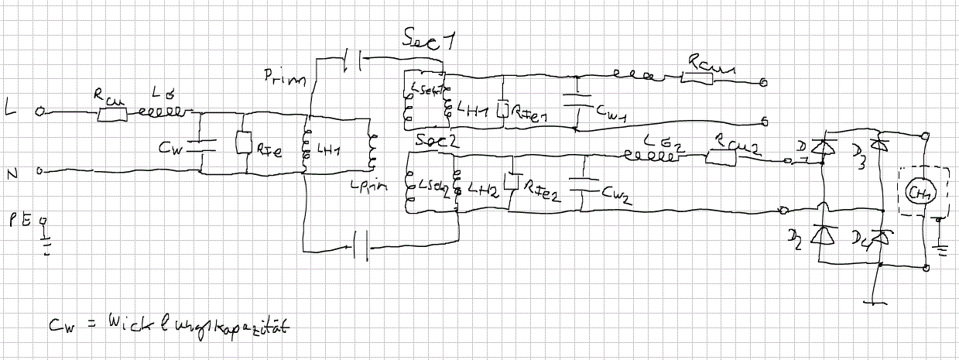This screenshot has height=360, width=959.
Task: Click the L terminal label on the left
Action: click(10, 110)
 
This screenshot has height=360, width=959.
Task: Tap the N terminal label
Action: click(12, 173)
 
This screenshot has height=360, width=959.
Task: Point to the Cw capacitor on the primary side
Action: click(200, 142)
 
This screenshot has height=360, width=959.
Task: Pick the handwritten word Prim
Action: click(285, 77)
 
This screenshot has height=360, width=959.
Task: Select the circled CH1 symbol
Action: click(920, 191)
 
